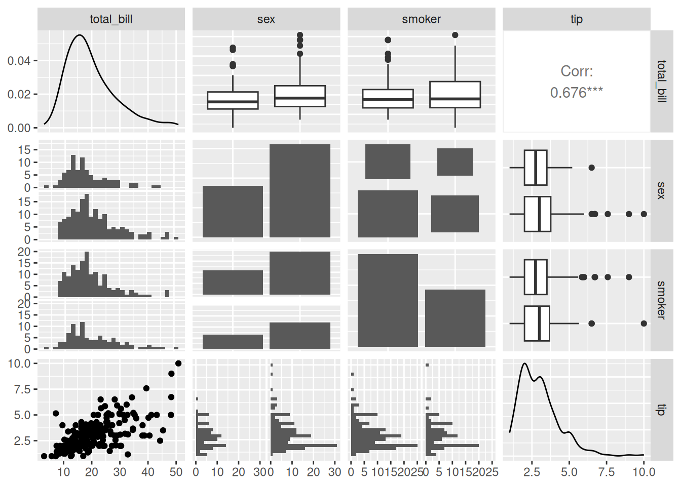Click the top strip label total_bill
click(111, 19)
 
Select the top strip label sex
click(266, 19)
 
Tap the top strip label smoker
click(421, 19)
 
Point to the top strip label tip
click(576, 19)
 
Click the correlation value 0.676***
click(576, 93)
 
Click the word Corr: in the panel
click(576, 71)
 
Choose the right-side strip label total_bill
click(661, 81)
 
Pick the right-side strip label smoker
click(661, 300)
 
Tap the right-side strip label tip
click(661, 409)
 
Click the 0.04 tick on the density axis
click(19, 61)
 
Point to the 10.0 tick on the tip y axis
click(19, 363)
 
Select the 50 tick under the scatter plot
click(176, 472)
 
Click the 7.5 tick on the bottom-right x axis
click(606, 472)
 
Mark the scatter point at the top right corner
click(178, 363)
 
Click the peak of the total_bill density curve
click(79, 35)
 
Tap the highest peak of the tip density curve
click(524, 363)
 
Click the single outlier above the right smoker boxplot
click(455, 35)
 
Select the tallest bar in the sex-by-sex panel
click(299, 190)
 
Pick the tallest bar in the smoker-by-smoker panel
click(388, 300)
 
